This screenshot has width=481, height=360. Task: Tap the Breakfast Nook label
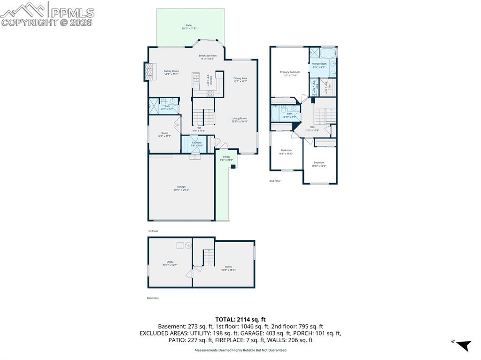[208, 57]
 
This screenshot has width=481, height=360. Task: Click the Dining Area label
[240, 80]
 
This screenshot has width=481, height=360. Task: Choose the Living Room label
[239, 120]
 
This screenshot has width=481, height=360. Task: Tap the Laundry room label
[196, 144]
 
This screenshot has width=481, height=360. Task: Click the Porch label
[226, 158]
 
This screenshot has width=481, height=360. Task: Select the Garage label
[181, 188]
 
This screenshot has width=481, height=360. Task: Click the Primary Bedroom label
[290, 73]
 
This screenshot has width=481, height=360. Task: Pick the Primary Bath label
[319, 65]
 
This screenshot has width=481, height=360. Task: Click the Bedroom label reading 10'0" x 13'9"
[319, 164]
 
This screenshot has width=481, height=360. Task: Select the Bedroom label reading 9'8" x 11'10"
[286, 152]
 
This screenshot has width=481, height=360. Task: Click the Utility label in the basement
[170, 263]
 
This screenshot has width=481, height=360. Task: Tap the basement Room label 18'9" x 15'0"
[228, 268]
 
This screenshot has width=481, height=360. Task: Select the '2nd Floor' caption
[275, 181]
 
